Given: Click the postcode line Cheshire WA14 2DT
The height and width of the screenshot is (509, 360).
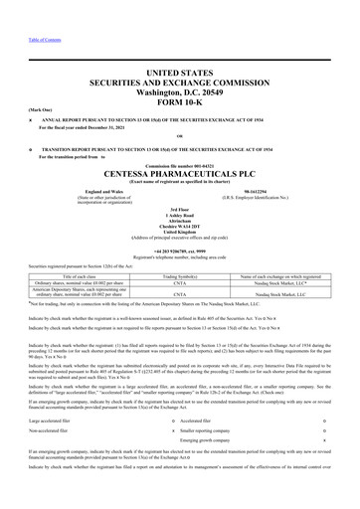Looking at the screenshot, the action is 180,225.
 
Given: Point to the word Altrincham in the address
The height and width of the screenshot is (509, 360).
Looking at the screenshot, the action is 180,218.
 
